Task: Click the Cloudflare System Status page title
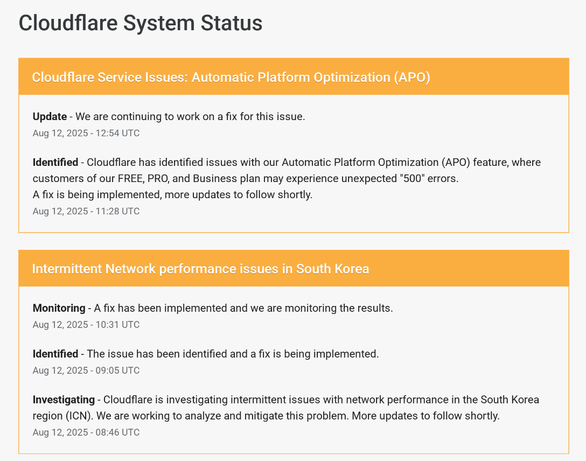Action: point(141,23)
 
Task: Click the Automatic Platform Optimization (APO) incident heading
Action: point(231,78)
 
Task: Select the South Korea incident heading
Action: point(201,269)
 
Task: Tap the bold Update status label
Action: point(50,116)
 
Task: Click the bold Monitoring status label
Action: point(59,308)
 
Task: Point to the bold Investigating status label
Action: point(64,400)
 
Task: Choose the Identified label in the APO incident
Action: point(55,163)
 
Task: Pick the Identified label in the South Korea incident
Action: point(55,354)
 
